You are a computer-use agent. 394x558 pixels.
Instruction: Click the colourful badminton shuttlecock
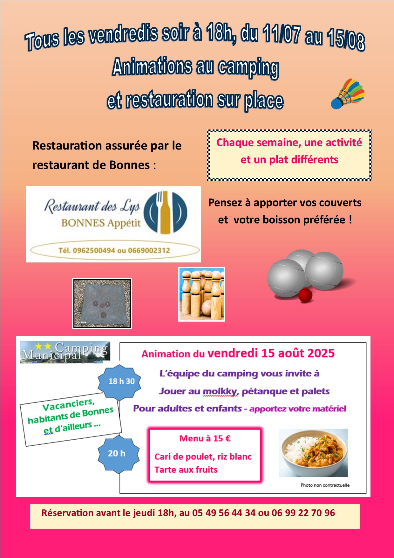point(348,94)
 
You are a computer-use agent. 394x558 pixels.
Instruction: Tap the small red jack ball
point(305,296)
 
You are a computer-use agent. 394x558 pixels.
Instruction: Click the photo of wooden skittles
point(201,294)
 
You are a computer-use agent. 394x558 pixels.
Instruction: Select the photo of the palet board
point(102,303)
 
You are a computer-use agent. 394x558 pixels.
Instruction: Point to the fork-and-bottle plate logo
point(165,213)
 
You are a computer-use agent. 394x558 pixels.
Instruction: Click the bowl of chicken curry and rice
point(313,453)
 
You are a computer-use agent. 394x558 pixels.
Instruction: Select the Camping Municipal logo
point(65,352)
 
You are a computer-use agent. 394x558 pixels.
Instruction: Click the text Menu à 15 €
point(205,439)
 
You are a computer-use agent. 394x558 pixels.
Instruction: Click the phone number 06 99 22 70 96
point(303,513)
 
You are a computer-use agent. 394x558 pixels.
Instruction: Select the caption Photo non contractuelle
point(325,485)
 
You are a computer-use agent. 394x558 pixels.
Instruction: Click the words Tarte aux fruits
point(186,470)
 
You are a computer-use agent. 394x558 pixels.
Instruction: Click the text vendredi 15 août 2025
point(271,353)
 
